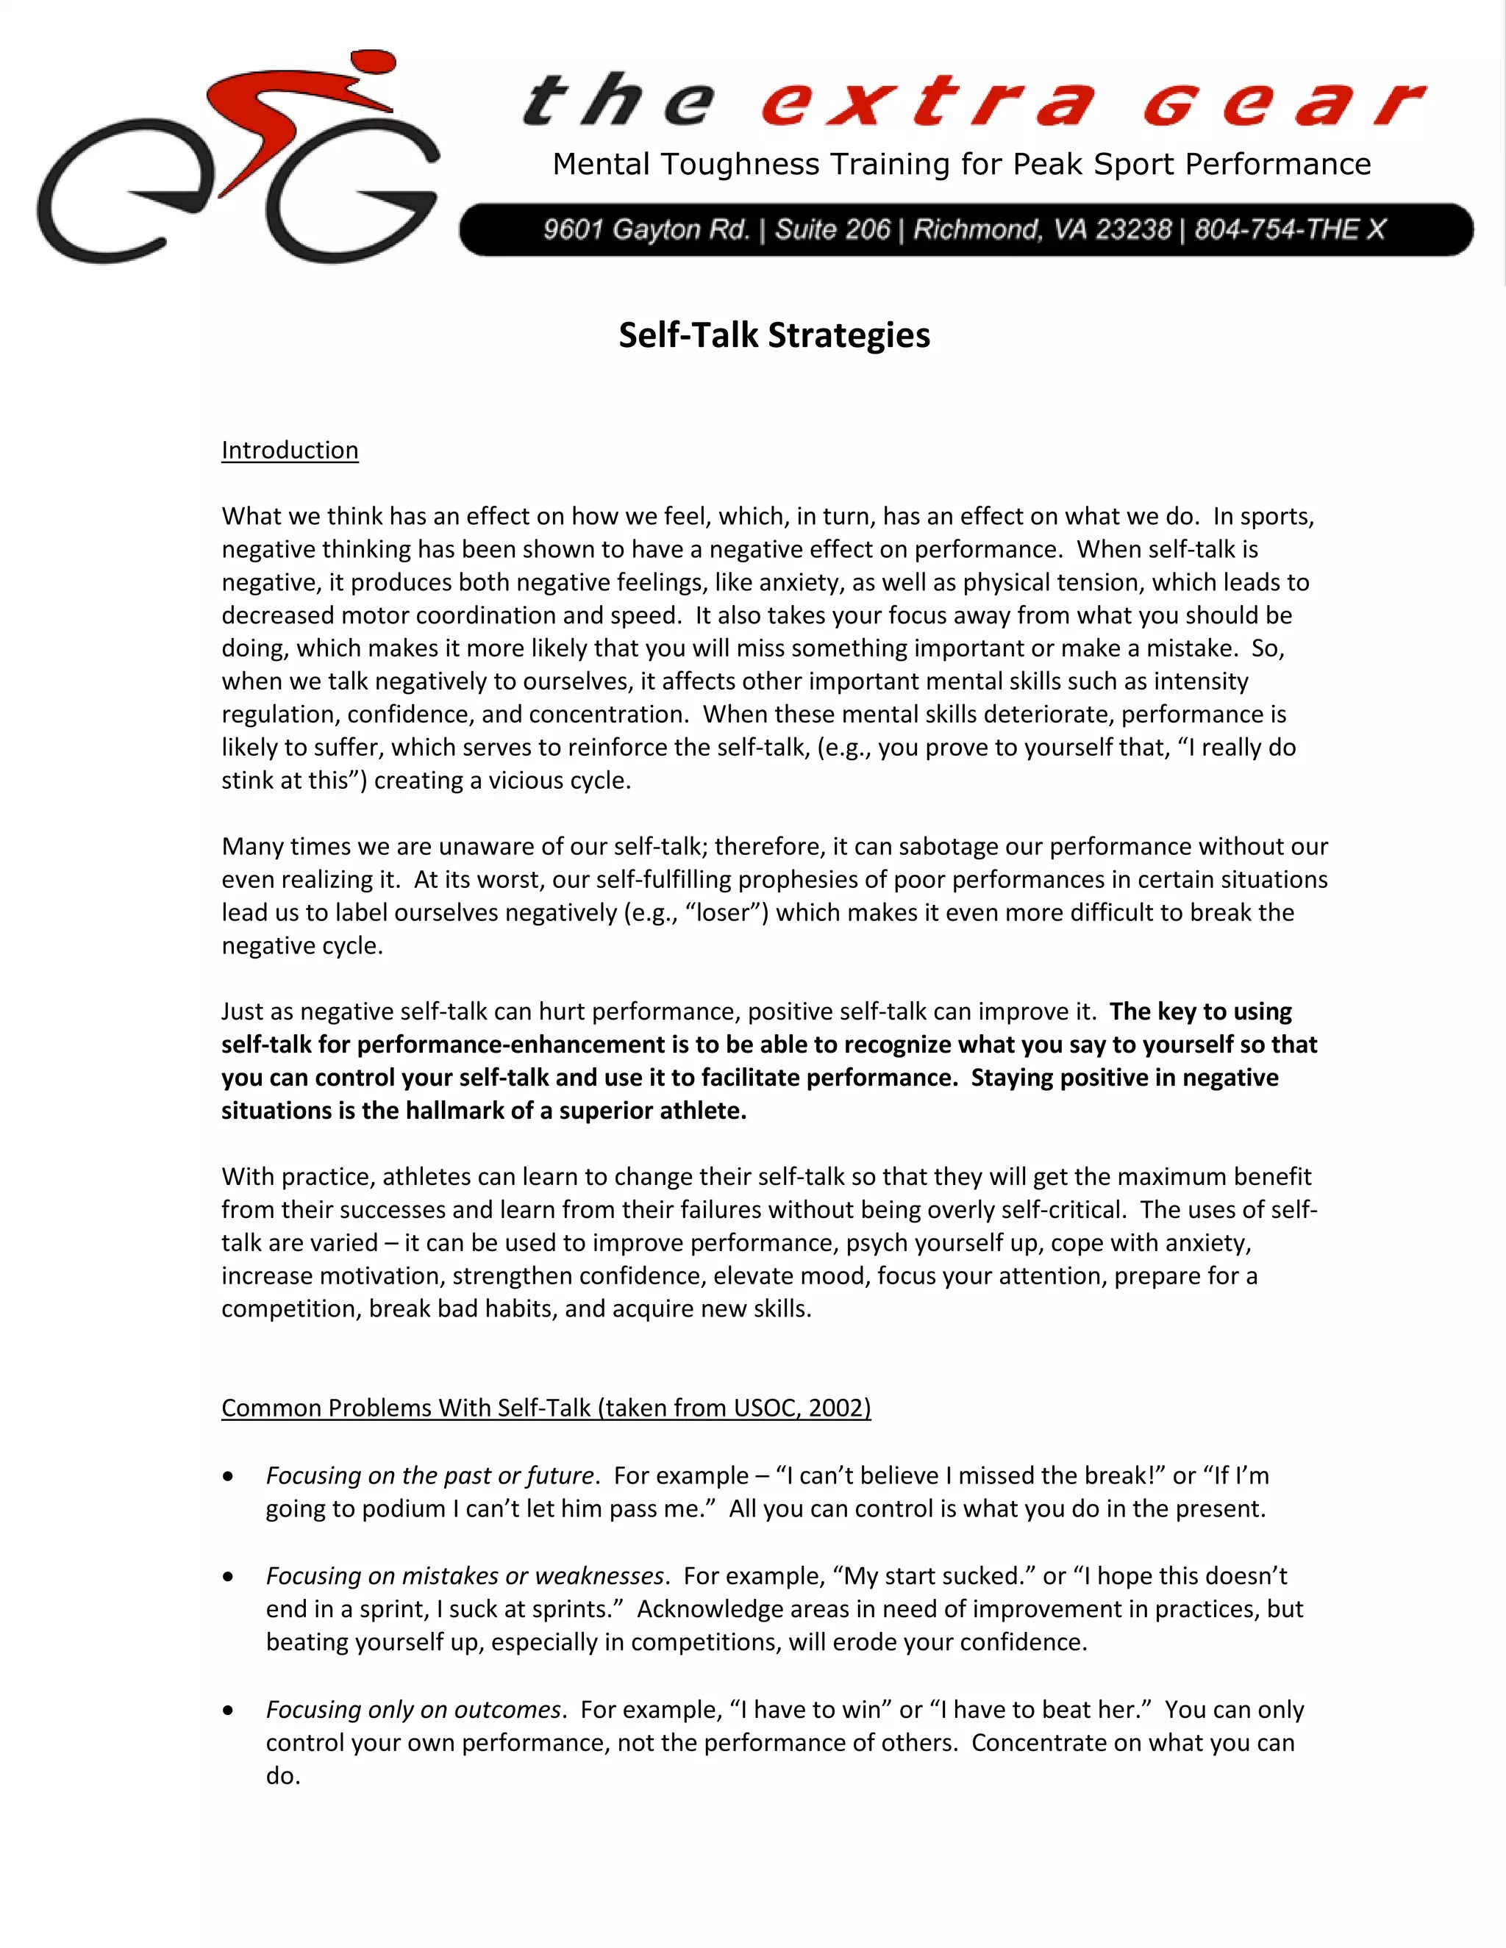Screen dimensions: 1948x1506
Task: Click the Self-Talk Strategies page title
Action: [x=774, y=335]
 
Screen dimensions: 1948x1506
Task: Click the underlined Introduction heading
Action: [x=290, y=450]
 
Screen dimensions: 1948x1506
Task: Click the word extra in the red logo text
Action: [x=928, y=103]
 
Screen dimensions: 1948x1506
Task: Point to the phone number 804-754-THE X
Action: [x=1289, y=230]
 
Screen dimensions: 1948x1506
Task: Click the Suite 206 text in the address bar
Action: [x=832, y=230]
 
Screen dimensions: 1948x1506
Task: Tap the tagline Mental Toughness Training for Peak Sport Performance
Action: [x=961, y=164]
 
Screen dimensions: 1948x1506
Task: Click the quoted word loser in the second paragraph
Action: [x=724, y=912]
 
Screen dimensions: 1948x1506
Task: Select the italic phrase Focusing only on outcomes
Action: [x=413, y=1709]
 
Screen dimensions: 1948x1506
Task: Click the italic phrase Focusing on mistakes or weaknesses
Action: [x=464, y=1575]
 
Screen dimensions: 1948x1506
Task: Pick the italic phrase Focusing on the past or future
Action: [x=429, y=1475]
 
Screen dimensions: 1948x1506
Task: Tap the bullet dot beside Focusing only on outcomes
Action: [x=229, y=1711]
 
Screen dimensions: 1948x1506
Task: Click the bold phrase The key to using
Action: [x=1200, y=1011]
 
